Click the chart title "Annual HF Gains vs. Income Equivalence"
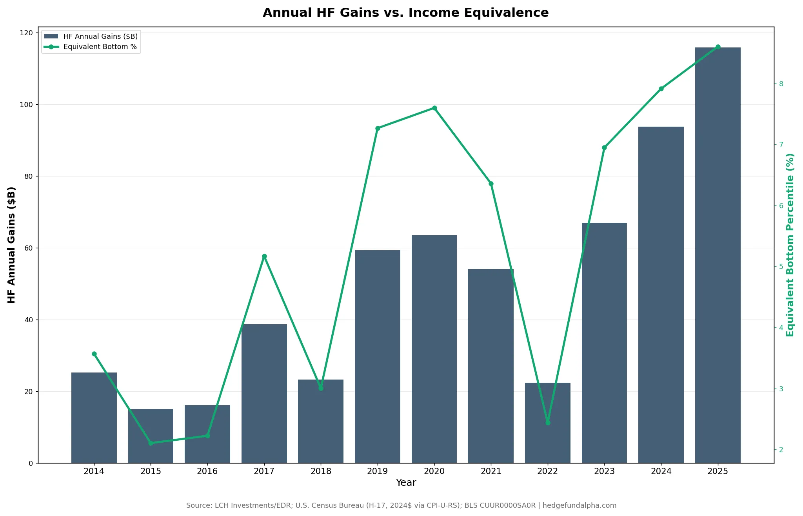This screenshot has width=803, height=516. [x=405, y=13]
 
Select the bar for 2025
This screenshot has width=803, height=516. [x=718, y=255]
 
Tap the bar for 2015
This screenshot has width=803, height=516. [x=151, y=436]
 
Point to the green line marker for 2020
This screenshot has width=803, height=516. [x=434, y=108]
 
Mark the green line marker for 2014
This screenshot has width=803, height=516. [x=94, y=354]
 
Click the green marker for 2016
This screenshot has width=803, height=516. [x=207, y=436]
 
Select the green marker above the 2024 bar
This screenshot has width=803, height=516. [x=661, y=89]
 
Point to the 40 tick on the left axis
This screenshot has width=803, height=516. [x=29, y=320]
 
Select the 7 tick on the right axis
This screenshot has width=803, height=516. [x=781, y=145]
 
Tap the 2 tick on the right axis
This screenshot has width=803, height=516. [x=781, y=450]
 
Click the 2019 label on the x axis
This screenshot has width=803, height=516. [x=377, y=471]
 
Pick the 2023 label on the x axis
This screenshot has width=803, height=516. [x=604, y=471]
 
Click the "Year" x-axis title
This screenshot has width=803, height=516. [x=406, y=483]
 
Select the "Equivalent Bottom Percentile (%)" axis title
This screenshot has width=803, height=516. [x=790, y=245]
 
